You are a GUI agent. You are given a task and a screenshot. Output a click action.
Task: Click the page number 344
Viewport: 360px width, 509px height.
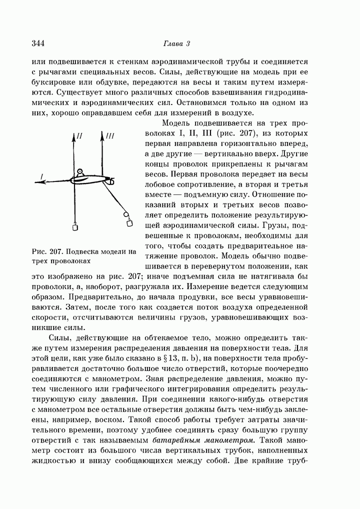click(x=38, y=43)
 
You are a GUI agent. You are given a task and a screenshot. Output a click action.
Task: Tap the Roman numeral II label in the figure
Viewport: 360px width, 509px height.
click(x=80, y=136)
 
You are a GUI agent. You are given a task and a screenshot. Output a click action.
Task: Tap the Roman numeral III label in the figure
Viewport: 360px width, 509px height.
click(x=110, y=136)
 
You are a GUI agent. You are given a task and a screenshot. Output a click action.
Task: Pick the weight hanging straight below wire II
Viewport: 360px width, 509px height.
click(x=75, y=227)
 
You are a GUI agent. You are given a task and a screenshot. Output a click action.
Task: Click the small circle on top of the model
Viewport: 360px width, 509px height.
click(x=79, y=173)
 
